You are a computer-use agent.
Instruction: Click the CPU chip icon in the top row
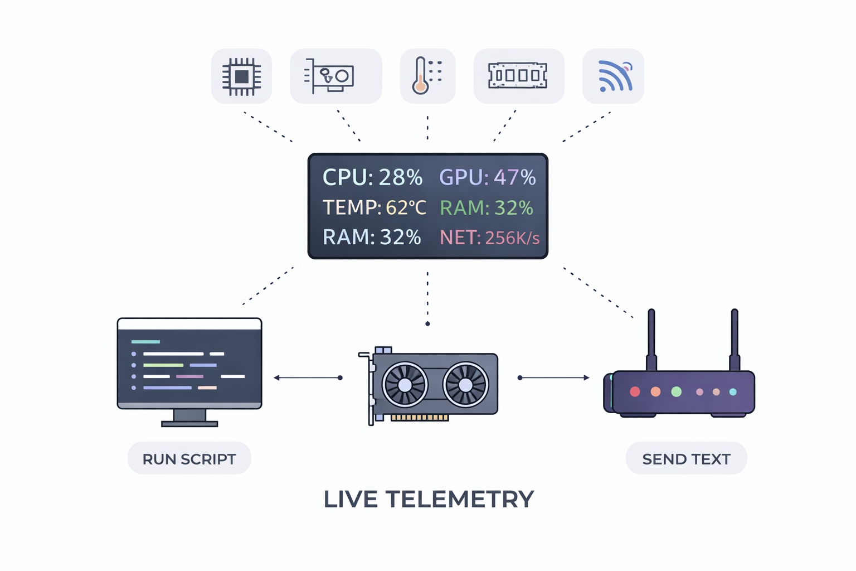click(241, 76)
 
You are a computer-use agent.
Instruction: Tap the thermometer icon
click(427, 76)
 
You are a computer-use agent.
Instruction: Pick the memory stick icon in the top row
click(518, 76)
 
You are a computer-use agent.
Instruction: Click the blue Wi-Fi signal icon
click(614, 76)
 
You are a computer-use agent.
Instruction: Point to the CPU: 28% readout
click(372, 177)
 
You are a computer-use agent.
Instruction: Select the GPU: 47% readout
click(487, 177)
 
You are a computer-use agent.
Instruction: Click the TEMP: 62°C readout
click(374, 207)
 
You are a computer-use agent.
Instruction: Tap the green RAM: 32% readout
click(486, 207)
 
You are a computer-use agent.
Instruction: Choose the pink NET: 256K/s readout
click(489, 238)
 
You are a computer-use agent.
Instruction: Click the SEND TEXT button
click(686, 458)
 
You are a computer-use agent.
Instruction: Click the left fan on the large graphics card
click(405, 385)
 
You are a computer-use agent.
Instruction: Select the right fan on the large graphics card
click(465, 385)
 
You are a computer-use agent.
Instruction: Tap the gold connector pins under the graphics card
click(419, 417)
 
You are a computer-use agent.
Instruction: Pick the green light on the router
click(676, 391)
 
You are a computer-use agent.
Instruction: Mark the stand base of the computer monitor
click(189, 424)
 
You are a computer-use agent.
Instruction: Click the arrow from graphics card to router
click(554, 378)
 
